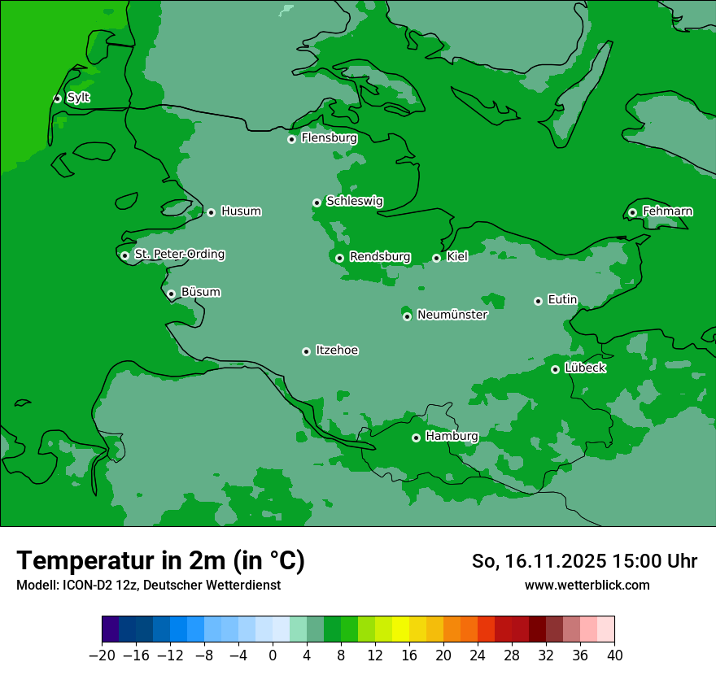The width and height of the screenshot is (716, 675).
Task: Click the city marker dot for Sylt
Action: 57,98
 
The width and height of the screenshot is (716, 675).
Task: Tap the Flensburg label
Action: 329,138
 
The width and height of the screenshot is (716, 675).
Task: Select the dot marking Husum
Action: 211,212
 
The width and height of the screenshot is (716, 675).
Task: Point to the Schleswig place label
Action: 354,201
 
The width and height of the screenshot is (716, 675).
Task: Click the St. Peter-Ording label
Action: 179,255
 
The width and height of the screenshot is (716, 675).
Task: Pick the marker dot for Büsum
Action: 171,294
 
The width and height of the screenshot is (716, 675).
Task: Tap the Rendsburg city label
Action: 379,257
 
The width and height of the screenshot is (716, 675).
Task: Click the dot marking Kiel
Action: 436,258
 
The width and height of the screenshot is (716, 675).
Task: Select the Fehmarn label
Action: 667,211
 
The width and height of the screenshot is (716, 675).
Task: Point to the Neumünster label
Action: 452,315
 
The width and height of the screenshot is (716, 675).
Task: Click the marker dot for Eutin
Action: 538,301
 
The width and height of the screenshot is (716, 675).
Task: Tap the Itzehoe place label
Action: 337,351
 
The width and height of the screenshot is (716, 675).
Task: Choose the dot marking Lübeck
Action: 555,369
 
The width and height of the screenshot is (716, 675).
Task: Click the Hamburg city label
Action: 452,437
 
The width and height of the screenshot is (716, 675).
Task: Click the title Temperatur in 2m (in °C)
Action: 160,560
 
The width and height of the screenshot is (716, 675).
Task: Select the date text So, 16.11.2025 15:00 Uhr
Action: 584,561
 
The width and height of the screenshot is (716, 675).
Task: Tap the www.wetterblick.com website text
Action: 587,585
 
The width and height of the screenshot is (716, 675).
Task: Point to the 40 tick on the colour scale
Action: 614,655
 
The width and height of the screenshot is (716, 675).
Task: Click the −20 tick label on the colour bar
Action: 102,655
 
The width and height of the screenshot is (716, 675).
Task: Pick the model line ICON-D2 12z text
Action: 148,585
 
